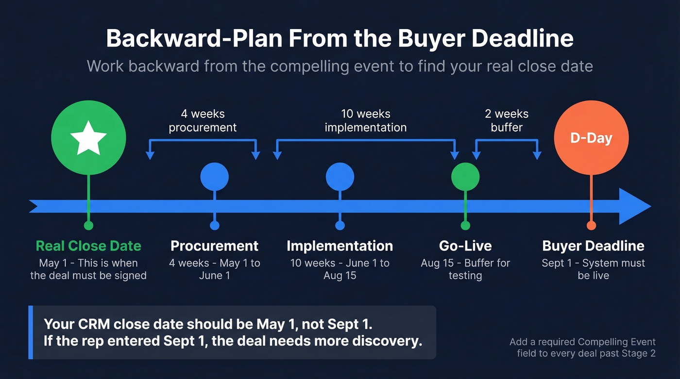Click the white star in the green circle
click(x=88, y=138)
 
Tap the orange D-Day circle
click(x=591, y=138)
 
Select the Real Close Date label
click(x=88, y=246)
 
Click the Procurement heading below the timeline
click(x=214, y=246)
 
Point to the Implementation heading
click(x=340, y=246)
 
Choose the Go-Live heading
click(x=465, y=246)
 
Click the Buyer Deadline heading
click(x=593, y=246)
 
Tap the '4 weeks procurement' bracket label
click(x=203, y=121)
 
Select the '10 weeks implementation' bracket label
click(x=365, y=121)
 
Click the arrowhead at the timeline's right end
click(x=634, y=206)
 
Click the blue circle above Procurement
click(x=214, y=177)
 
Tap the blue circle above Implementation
click(x=340, y=177)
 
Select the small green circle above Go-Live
click(x=465, y=177)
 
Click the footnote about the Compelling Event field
click(x=582, y=347)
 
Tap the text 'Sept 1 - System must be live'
click(x=593, y=269)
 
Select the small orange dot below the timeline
click(x=591, y=226)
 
